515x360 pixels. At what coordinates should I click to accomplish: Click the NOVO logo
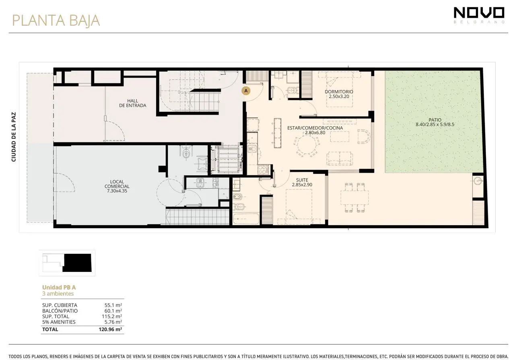pos(479,15)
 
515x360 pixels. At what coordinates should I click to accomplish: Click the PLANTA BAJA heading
pos(56,21)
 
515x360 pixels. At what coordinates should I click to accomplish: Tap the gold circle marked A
pos(246,91)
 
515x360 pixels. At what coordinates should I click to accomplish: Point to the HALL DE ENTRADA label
pos(133,103)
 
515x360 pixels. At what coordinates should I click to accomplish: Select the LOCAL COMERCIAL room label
pos(117,186)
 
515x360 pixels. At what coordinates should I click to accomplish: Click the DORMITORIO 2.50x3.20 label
pos(339,94)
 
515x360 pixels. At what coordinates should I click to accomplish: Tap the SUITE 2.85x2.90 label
pos(302,182)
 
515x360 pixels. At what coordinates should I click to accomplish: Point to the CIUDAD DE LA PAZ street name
pos(14,137)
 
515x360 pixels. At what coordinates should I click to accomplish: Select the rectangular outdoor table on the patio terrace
pos(354,197)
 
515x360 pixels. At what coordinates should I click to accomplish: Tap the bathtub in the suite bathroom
pos(246,219)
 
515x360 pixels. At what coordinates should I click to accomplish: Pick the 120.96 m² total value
pos(110,329)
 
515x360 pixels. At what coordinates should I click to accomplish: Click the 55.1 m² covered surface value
pos(113,305)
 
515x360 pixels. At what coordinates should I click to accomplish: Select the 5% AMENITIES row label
pos(59,322)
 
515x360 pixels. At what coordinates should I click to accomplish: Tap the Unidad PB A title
pos(59,287)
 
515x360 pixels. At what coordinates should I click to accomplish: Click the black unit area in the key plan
pos(78,263)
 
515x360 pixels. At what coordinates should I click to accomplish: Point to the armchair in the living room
pos(363,136)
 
